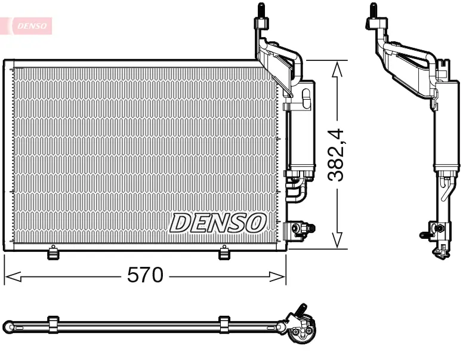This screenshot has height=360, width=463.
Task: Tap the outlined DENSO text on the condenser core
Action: [217, 223]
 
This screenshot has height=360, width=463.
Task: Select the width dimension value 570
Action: [145, 275]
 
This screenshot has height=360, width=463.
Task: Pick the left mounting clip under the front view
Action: [54, 254]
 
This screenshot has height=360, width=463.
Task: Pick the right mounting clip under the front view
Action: [224, 254]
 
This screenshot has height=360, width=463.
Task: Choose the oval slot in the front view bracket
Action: [307, 99]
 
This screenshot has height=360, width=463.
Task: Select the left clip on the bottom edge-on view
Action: [53, 324]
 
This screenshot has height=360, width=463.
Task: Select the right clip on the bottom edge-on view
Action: [224, 324]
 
